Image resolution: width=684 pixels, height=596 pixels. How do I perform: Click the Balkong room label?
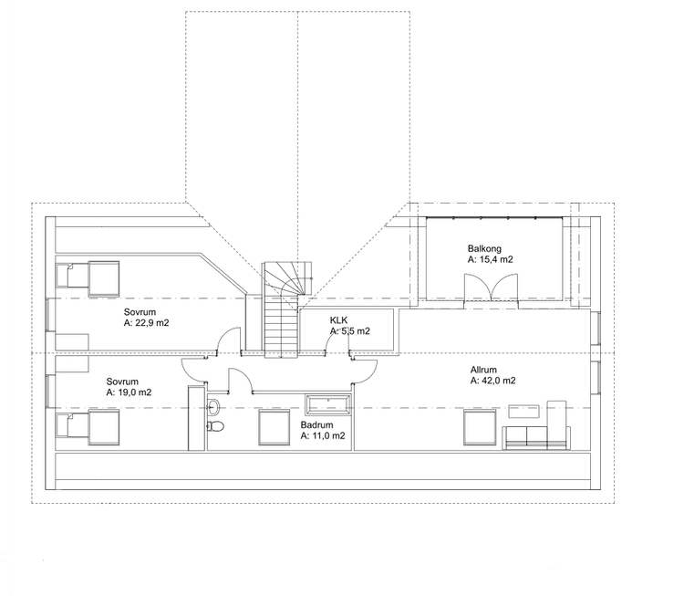[484, 248]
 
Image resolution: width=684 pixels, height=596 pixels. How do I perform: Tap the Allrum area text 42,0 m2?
[498, 381]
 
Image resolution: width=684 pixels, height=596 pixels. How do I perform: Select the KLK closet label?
[339, 320]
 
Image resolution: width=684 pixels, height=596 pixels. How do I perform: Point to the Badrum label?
[316, 424]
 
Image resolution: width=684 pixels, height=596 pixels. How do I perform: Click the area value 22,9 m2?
[151, 323]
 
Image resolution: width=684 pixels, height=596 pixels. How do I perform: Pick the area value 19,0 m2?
[134, 392]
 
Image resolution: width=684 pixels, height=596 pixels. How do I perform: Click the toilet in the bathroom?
[215, 425]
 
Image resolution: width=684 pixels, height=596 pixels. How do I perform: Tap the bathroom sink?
[213, 407]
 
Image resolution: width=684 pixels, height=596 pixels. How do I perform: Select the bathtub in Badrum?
[328, 404]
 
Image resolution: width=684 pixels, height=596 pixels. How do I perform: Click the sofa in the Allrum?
[536, 437]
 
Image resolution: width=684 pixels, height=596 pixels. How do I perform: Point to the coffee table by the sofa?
[523, 411]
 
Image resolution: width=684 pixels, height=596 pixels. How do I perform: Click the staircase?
[282, 310]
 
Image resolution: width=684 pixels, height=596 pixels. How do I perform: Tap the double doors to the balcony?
[492, 288]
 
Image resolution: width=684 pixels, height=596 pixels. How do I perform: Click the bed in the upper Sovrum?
[88, 279]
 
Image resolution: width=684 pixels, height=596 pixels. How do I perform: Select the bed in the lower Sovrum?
[88, 427]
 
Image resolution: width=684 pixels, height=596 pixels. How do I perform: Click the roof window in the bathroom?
[275, 427]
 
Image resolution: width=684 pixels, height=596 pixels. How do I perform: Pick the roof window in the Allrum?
[480, 427]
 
